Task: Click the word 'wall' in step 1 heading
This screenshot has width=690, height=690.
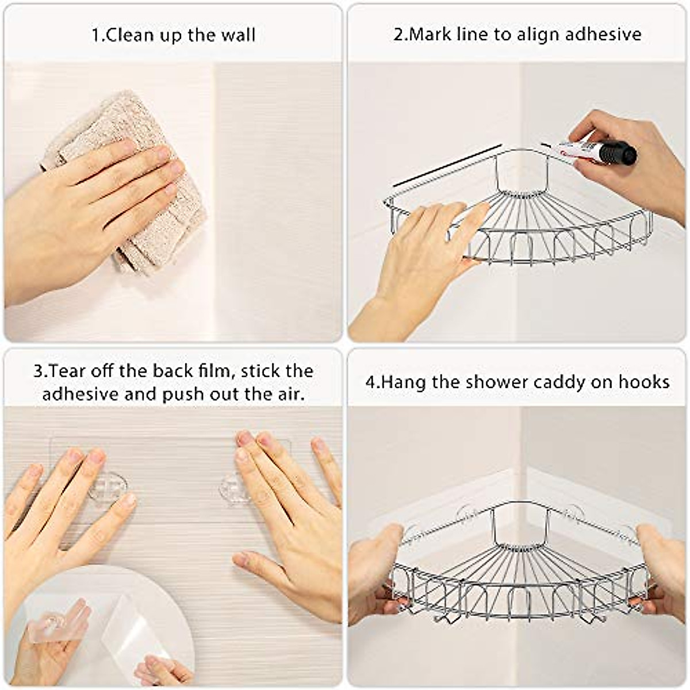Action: (x=237, y=35)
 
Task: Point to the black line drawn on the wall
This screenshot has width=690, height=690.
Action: (x=447, y=166)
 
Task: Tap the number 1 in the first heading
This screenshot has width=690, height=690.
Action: (x=96, y=35)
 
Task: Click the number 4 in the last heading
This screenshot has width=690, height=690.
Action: (x=370, y=382)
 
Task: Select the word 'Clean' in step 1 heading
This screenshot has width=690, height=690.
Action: (x=133, y=35)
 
